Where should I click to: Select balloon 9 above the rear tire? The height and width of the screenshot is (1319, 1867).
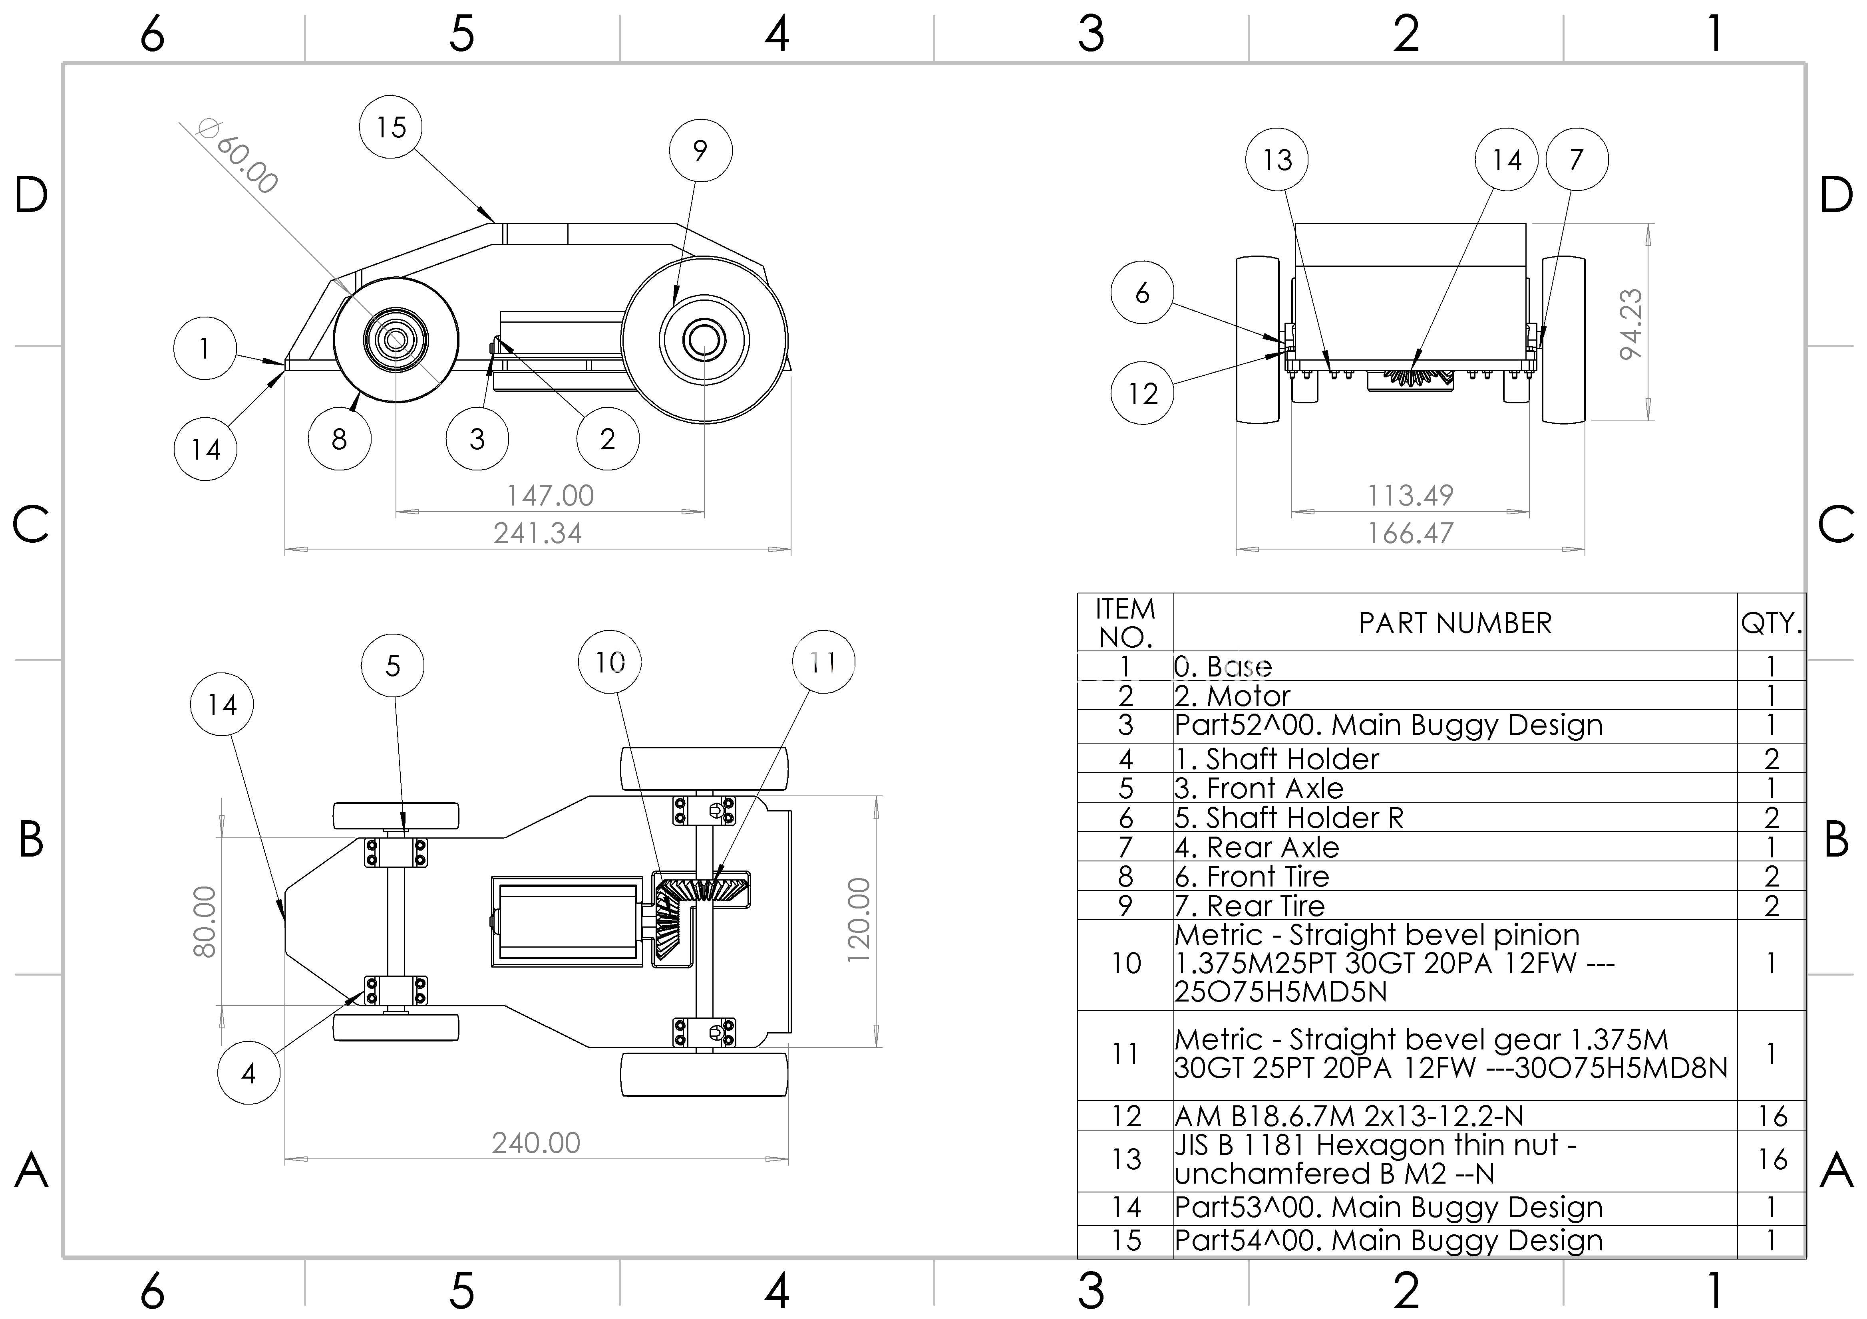pyautogui.click(x=700, y=150)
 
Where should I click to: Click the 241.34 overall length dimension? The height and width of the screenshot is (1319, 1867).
pyautogui.click(x=537, y=533)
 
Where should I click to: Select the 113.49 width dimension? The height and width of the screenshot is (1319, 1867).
pyautogui.click(x=1410, y=495)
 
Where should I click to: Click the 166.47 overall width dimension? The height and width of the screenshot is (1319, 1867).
pyautogui.click(x=1410, y=533)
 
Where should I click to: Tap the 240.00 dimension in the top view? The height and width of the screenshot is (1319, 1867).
pyautogui.click(x=536, y=1142)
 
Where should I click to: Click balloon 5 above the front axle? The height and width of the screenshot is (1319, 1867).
pyautogui.click(x=393, y=666)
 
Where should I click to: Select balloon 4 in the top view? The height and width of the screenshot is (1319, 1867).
pyautogui.click(x=249, y=1073)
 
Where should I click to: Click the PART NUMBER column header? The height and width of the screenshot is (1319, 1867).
pyautogui.click(x=1455, y=623)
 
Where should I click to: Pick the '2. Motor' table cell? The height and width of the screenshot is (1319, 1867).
pyautogui.click(x=1232, y=696)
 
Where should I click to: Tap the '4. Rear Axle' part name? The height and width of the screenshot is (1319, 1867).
pyautogui.click(x=1257, y=847)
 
